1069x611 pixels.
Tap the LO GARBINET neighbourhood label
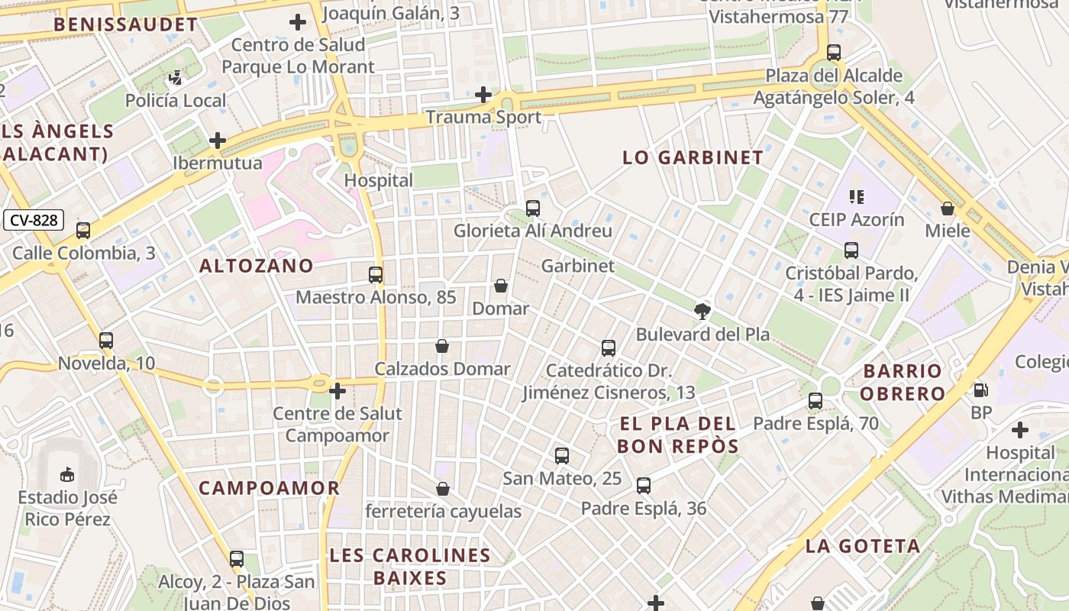click(693, 158)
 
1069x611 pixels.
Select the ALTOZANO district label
click(256, 266)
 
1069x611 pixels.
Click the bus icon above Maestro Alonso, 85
click(375, 275)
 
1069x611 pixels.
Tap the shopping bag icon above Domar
click(501, 286)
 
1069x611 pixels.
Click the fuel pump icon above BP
click(980, 390)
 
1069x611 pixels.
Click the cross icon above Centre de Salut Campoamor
click(337, 392)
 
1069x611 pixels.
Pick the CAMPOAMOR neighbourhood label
click(269, 488)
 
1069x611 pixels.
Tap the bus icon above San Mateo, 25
click(561, 456)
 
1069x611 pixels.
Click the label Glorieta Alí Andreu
click(532, 231)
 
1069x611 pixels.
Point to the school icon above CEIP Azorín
click(856, 197)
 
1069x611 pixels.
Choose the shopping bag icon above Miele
click(948, 209)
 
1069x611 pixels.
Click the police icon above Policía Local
click(176, 77)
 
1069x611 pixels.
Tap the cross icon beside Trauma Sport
click(483, 95)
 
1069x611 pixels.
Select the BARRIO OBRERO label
click(904, 383)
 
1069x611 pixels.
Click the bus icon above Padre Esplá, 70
click(815, 401)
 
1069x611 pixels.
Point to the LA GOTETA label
click(863, 546)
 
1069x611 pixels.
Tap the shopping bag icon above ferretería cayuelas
click(443, 489)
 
